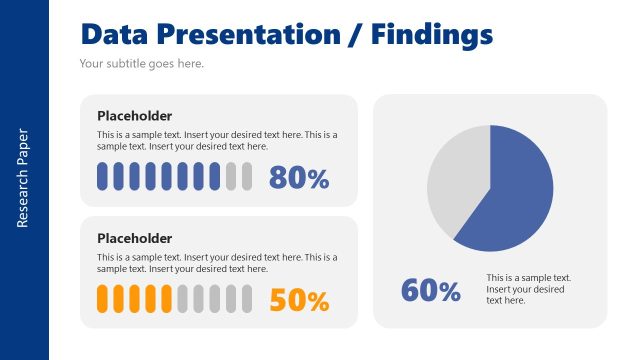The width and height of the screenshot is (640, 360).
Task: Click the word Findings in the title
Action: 432,35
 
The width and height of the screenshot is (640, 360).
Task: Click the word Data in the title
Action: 116,35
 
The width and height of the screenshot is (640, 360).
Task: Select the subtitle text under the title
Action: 141,64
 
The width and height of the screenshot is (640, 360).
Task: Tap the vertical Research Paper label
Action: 23,178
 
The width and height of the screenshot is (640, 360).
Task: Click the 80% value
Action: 299,178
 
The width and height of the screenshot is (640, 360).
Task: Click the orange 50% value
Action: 299,300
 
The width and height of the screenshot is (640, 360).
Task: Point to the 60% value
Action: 431,291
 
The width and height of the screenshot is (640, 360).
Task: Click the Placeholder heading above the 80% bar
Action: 134,116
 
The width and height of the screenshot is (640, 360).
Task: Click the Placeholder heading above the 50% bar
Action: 134,238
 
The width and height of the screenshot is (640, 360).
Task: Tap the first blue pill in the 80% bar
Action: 102,177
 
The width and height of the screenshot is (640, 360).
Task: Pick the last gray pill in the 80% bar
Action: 246,177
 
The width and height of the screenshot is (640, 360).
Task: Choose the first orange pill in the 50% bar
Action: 102,299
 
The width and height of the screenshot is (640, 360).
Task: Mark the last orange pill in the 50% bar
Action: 166,299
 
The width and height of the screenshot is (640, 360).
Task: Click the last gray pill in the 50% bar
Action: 246,299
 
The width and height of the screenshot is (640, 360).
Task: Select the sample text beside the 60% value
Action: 528,289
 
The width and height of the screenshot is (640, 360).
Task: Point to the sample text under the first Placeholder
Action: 217,140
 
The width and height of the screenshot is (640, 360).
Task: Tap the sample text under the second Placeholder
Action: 217,263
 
